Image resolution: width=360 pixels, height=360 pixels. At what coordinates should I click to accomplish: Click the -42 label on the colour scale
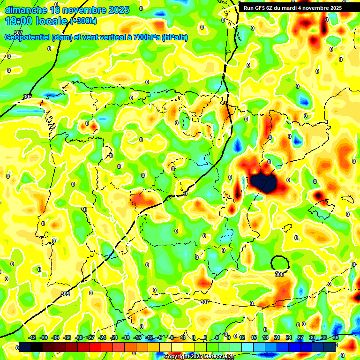[32, 337]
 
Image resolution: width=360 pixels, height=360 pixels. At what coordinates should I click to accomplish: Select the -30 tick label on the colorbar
[79, 337]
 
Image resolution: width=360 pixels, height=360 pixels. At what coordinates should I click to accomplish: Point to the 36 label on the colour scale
[336, 337]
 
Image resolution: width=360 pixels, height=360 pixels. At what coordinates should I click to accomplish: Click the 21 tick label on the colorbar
[277, 337]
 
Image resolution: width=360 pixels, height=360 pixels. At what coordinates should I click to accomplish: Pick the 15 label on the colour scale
[254, 337]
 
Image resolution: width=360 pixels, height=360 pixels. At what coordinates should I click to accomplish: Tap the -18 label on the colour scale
[126, 337]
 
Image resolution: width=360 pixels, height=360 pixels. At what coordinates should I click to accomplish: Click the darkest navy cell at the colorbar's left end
[25, 347]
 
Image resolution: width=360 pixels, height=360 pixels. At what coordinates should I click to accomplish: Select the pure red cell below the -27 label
[95, 347]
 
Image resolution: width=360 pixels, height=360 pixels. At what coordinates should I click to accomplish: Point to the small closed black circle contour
[280, 263]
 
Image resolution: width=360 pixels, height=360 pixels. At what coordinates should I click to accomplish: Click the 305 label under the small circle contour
[279, 274]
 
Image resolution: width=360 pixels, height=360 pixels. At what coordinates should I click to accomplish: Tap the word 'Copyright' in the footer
[176, 357]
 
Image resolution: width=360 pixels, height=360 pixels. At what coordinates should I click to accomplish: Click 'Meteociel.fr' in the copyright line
[217, 357]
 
